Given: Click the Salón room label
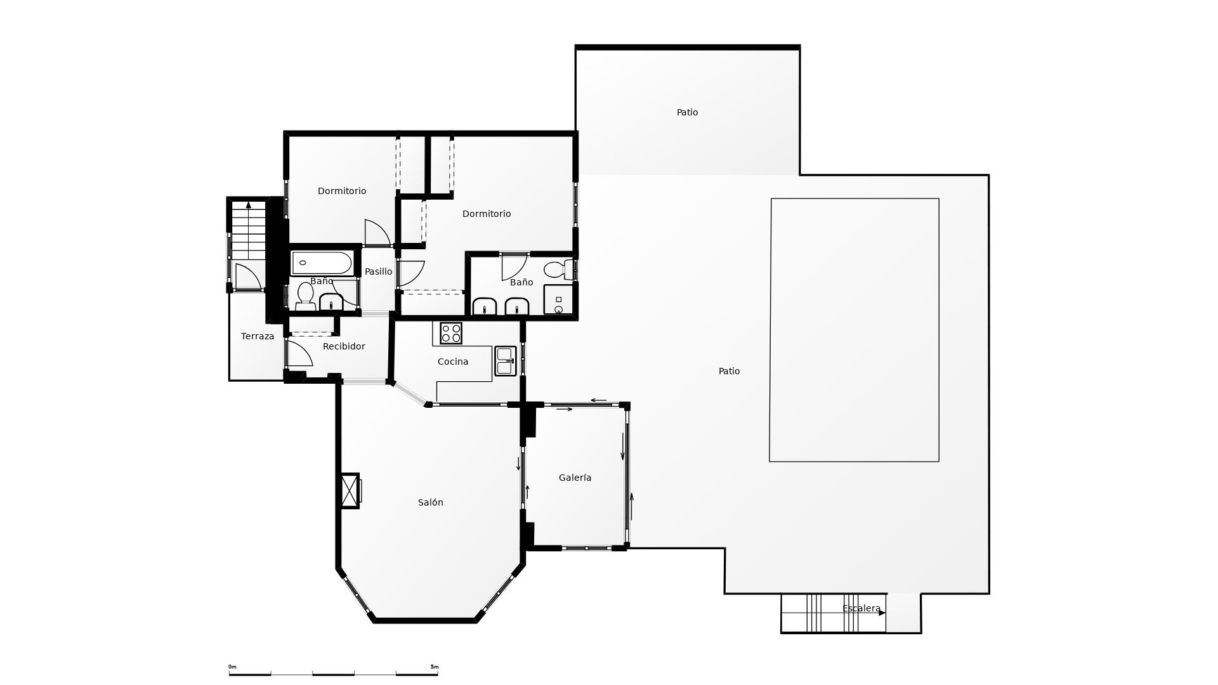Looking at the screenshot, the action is tap(430, 502).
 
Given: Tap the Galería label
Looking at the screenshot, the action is tap(575, 478).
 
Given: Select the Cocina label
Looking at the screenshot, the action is tap(453, 362).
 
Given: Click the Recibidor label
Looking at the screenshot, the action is tap(344, 346).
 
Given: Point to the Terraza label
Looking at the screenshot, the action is tap(258, 336).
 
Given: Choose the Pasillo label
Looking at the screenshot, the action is tap(378, 271).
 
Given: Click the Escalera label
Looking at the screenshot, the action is tap(861, 609).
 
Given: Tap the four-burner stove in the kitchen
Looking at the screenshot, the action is tap(451, 333).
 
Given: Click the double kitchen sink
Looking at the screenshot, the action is tap(506, 361).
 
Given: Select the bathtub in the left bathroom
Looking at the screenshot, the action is tap(322, 263).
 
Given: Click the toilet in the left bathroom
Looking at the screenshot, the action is tap(306, 296).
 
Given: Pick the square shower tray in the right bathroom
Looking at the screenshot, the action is tap(558, 299).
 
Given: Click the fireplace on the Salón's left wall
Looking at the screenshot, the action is tap(351, 490).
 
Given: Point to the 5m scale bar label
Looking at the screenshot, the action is tap(435, 667).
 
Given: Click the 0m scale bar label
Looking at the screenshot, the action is tap(232, 667).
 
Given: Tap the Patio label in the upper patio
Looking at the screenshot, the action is tap(687, 112).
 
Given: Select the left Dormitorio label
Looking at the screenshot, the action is tap(342, 191).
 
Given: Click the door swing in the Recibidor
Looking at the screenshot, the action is tap(299, 353).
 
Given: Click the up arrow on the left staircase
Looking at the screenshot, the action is tap(249, 205).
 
